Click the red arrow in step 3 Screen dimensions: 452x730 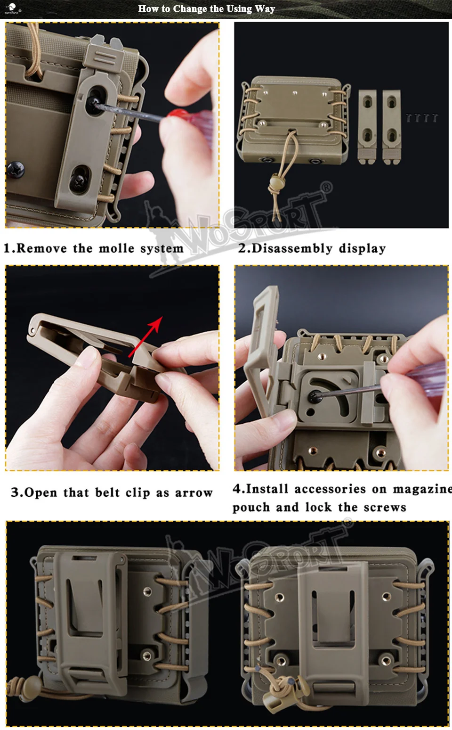click(145, 337)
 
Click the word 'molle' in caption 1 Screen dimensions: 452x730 click(116, 248)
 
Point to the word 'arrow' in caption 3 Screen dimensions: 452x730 click(194, 493)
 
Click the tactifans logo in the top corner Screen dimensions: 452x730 click(12, 8)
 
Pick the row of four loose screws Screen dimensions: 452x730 click(422, 118)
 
